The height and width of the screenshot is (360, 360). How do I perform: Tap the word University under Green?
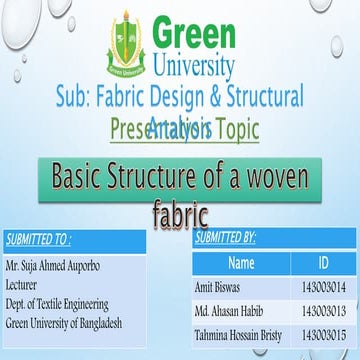pos(194,68)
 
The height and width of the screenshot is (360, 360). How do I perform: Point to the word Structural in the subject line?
pos(259,98)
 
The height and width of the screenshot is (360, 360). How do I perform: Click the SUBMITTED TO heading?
pos(39,240)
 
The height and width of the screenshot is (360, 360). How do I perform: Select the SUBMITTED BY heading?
pos(225,237)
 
